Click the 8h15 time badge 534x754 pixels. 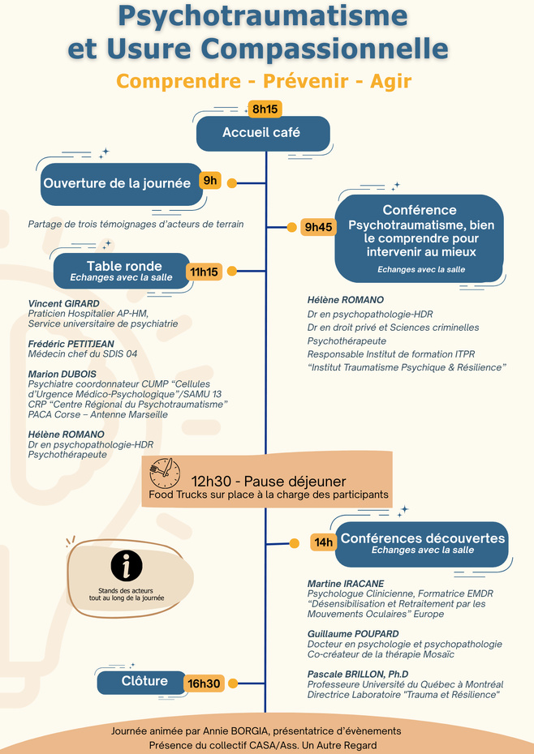(x=265, y=109)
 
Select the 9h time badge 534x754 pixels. (x=210, y=181)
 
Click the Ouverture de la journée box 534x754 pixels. (x=118, y=183)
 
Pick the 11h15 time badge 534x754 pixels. (x=204, y=272)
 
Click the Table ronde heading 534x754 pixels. (x=124, y=266)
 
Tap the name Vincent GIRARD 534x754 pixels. (x=63, y=304)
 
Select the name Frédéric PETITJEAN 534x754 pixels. (x=71, y=344)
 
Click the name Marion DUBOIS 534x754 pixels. (x=62, y=374)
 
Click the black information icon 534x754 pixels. (x=127, y=566)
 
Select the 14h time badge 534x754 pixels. (x=324, y=542)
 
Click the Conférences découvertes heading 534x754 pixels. (x=422, y=538)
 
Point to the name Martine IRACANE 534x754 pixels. (x=346, y=584)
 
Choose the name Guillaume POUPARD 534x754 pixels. (x=353, y=633)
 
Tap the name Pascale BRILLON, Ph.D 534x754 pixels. (x=357, y=674)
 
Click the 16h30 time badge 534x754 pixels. (x=204, y=683)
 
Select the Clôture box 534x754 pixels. (x=144, y=682)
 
